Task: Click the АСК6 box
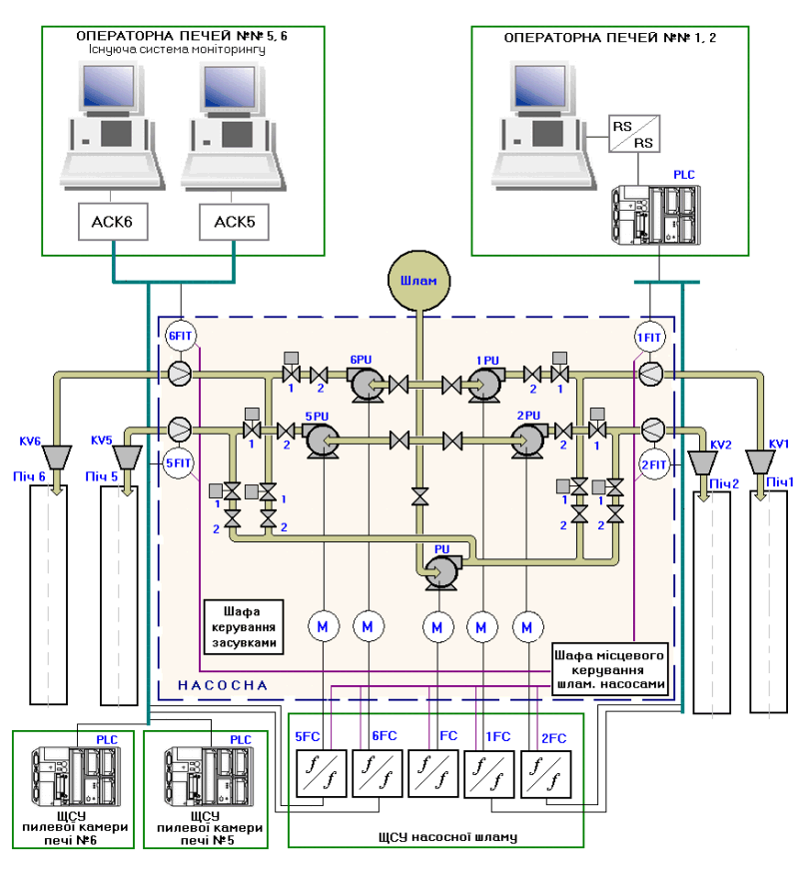tap(112, 222)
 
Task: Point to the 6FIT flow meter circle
tap(179, 337)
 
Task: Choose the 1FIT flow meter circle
tap(650, 337)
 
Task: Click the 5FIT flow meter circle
tap(179, 463)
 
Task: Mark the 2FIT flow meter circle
tap(653, 463)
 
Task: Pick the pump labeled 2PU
tap(526, 439)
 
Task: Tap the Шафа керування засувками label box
tap(242, 625)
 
